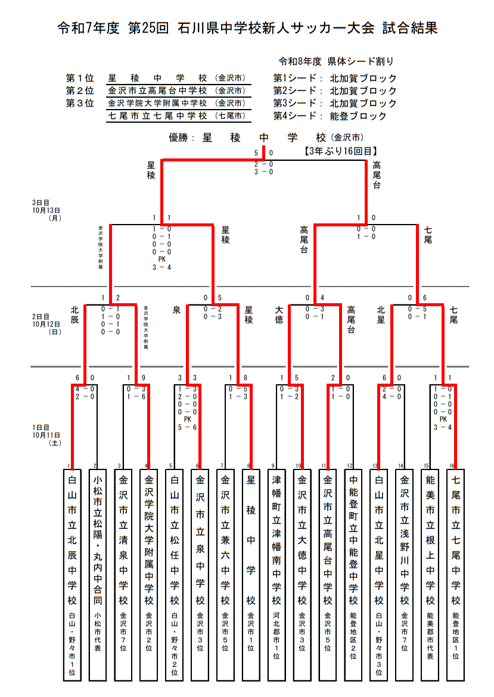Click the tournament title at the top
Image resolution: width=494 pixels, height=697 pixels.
(x=247, y=28)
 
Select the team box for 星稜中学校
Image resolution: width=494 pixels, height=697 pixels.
(x=251, y=575)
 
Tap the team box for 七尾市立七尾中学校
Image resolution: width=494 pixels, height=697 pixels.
(x=456, y=575)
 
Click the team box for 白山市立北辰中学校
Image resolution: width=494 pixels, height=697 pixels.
(x=72, y=575)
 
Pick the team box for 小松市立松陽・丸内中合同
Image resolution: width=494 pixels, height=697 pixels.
(x=98, y=575)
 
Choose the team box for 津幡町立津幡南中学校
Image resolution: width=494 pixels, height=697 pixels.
(x=276, y=575)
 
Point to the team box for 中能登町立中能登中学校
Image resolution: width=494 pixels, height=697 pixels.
(x=353, y=575)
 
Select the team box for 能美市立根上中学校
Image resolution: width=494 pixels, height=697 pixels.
(x=430, y=575)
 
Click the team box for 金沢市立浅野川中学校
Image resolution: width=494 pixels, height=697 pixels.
(x=405, y=575)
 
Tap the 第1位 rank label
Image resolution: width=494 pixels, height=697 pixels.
(x=80, y=78)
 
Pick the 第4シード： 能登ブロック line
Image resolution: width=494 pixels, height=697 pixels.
(x=330, y=116)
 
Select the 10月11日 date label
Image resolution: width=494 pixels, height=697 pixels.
(x=46, y=435)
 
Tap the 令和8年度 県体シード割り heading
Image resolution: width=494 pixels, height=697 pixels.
(x=336, y=61)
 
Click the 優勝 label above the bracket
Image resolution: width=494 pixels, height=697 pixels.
(x=182, y=138)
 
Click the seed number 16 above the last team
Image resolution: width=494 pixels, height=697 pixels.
(x=453, y=465)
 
